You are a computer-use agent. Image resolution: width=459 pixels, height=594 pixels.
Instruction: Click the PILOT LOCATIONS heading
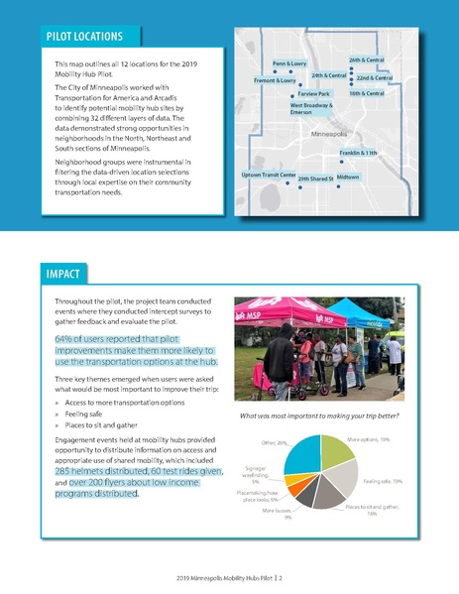(x=83, y=38)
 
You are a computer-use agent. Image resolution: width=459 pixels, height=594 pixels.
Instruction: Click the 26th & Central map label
(x=367, y=60)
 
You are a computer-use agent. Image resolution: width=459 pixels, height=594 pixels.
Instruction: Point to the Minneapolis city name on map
(x=330, y=133)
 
